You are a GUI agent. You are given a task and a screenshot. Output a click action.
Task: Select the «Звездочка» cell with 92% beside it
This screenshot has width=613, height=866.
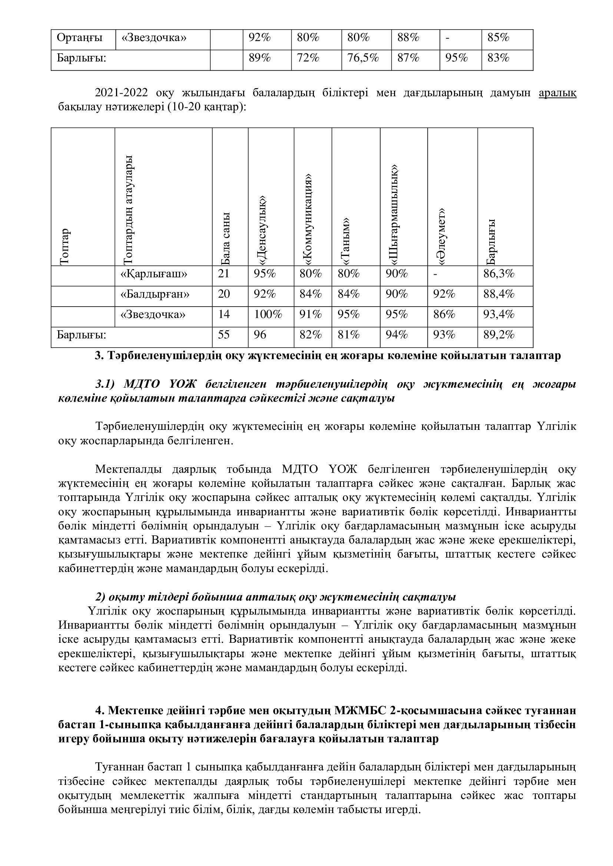click(x=154, y=38)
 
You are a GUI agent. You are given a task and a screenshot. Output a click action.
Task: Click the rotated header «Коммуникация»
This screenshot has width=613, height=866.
click(x=308, y=219)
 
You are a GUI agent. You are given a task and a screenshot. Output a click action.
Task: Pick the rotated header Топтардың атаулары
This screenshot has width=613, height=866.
click(x=128, y=209)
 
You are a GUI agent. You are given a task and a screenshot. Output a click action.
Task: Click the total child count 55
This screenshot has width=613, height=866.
click(x=224, y=335)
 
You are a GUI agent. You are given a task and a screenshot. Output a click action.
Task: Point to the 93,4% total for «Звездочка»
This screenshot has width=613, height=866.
click(x=498, y=315)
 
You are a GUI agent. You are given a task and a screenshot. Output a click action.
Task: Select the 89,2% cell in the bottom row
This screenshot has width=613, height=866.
click(x=498, y=335)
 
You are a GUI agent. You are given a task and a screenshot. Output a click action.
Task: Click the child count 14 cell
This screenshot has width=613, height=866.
click(x=224, y=315)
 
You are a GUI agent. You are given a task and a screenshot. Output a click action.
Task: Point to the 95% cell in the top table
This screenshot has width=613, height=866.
click(x=456, y=58)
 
